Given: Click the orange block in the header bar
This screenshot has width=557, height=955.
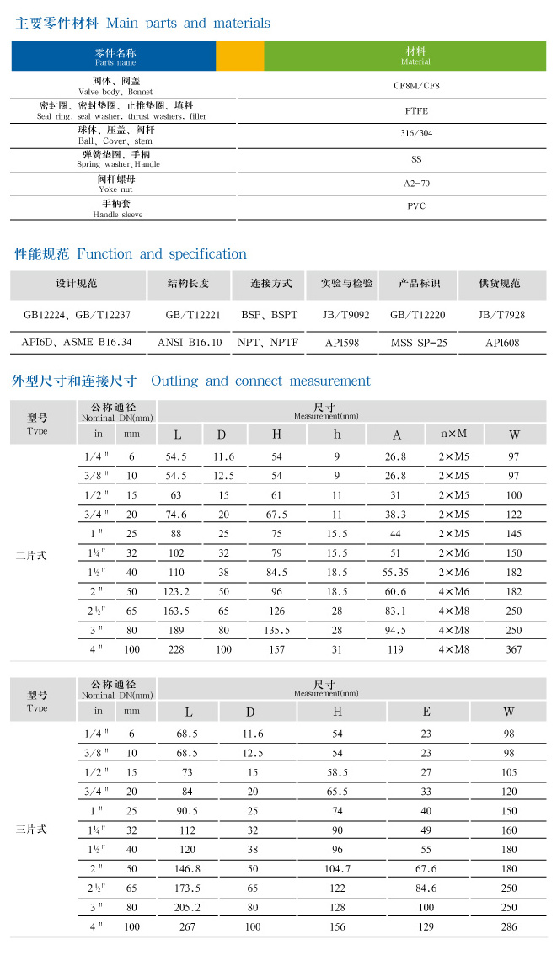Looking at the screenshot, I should (239, 56).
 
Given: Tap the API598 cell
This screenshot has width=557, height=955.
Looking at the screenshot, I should (342, 343).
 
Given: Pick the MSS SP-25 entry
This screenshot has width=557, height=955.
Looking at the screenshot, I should (418, 343).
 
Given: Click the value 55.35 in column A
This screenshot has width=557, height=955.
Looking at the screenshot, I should (395, 572).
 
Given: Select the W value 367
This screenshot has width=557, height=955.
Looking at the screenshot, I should (514, 649).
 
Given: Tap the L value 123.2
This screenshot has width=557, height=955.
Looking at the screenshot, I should (176, 592).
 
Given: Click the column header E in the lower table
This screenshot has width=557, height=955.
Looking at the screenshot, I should (426, 712).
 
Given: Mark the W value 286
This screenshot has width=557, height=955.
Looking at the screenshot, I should (509, 926).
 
